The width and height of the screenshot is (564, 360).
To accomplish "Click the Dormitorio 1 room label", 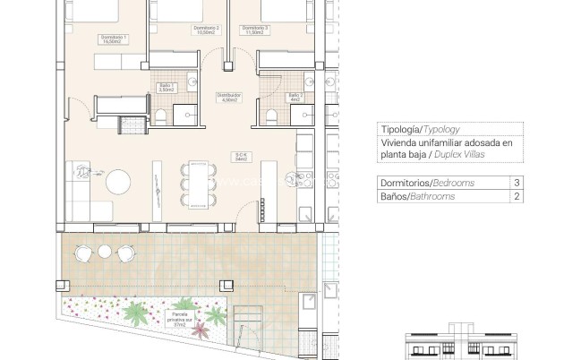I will click(115, 39).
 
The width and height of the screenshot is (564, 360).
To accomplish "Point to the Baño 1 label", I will click(165, 88).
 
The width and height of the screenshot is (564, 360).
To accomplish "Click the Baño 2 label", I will click(296, 97).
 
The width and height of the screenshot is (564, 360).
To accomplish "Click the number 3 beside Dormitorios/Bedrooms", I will click(517, 183).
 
